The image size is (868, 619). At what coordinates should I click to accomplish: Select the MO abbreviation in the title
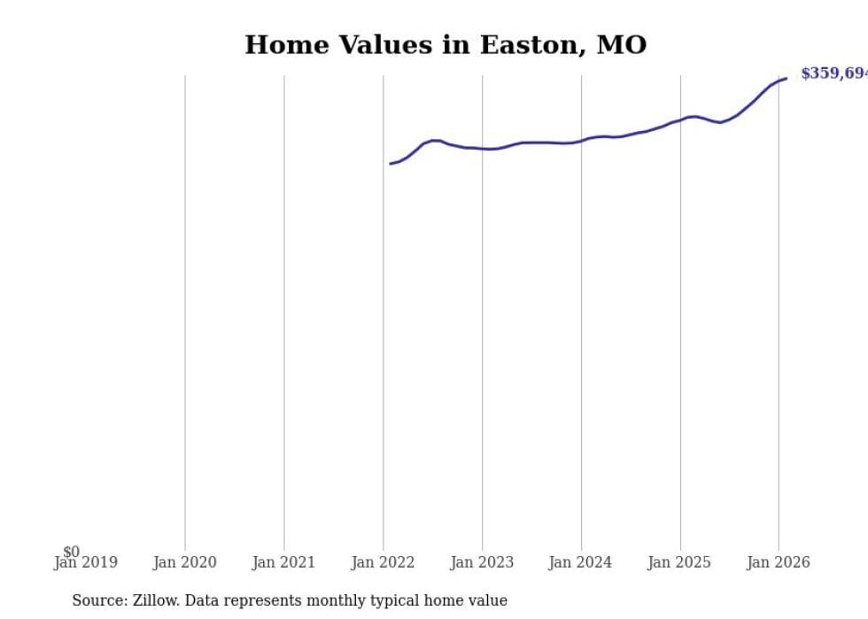[x=622, y=45]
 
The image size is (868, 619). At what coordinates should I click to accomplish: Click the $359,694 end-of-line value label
[x=833, y=74]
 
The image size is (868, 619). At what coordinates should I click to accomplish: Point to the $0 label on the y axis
[x=71, y=552]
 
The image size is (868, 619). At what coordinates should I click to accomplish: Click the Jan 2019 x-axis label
[x=85, y=562]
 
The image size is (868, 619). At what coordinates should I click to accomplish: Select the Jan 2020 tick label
[x=184, y=562]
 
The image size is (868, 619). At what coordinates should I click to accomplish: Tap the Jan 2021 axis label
[x=283, y=562]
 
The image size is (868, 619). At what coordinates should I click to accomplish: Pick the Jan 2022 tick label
[x=383, y=562]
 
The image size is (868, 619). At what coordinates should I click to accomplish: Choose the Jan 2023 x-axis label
[x=482, y=562]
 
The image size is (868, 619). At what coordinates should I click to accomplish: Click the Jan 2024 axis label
[x=580, y=562]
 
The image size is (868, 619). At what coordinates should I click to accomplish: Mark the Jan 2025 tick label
[x=679, y=562]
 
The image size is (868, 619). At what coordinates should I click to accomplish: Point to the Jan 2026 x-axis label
[x=778, y=562]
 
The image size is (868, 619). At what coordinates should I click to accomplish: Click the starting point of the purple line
[x=391, y=163]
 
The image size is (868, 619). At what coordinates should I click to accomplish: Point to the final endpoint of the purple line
[x=786, y=79]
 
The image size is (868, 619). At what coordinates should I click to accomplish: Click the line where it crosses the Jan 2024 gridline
[x=581, y=140]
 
